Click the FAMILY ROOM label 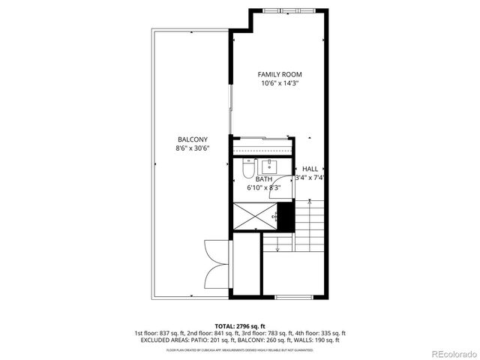click(279, 74)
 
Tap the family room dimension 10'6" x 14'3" click(279, 84)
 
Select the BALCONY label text click(193, 139)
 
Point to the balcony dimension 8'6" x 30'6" click(193, 148)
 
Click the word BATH click(264, 179)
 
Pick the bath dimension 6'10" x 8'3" click(264, 187)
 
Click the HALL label click(310, 169)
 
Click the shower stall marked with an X click(255, 217)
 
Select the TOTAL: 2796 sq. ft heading click(240, 326)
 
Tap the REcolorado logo click(448, 352)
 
